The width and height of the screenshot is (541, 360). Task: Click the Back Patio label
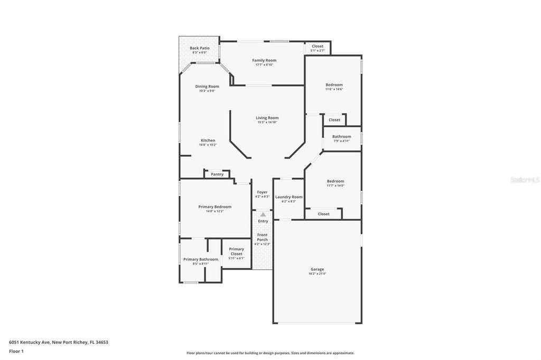tap(199, 48)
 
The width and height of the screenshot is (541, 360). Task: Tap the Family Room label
tap(264, 60)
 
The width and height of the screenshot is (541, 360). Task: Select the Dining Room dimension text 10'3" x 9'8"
tap(207, 91)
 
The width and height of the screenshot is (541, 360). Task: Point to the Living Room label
tap(267, 118)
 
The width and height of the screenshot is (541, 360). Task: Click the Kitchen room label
tap(208, 140)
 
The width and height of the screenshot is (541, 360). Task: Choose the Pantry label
tap(217, 174)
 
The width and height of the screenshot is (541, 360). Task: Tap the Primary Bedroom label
tap(214, 207)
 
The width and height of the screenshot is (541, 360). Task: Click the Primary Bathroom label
tap(200, 259)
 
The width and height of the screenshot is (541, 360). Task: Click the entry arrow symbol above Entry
tap(263, 214)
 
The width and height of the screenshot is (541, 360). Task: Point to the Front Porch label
tap(262, 237)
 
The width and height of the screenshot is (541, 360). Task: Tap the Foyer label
tap(262, 192)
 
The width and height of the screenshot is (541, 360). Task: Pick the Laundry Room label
tap(288, 197)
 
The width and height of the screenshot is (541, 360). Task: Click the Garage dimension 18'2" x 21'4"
tap(317, 274)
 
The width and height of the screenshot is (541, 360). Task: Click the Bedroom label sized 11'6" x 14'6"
tap(334, 84)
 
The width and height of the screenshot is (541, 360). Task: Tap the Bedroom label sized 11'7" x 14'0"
tap(335, 181)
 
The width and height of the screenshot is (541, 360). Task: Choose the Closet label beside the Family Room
tap(317, 46)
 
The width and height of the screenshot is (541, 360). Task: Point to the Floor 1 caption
tap(16, 351)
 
